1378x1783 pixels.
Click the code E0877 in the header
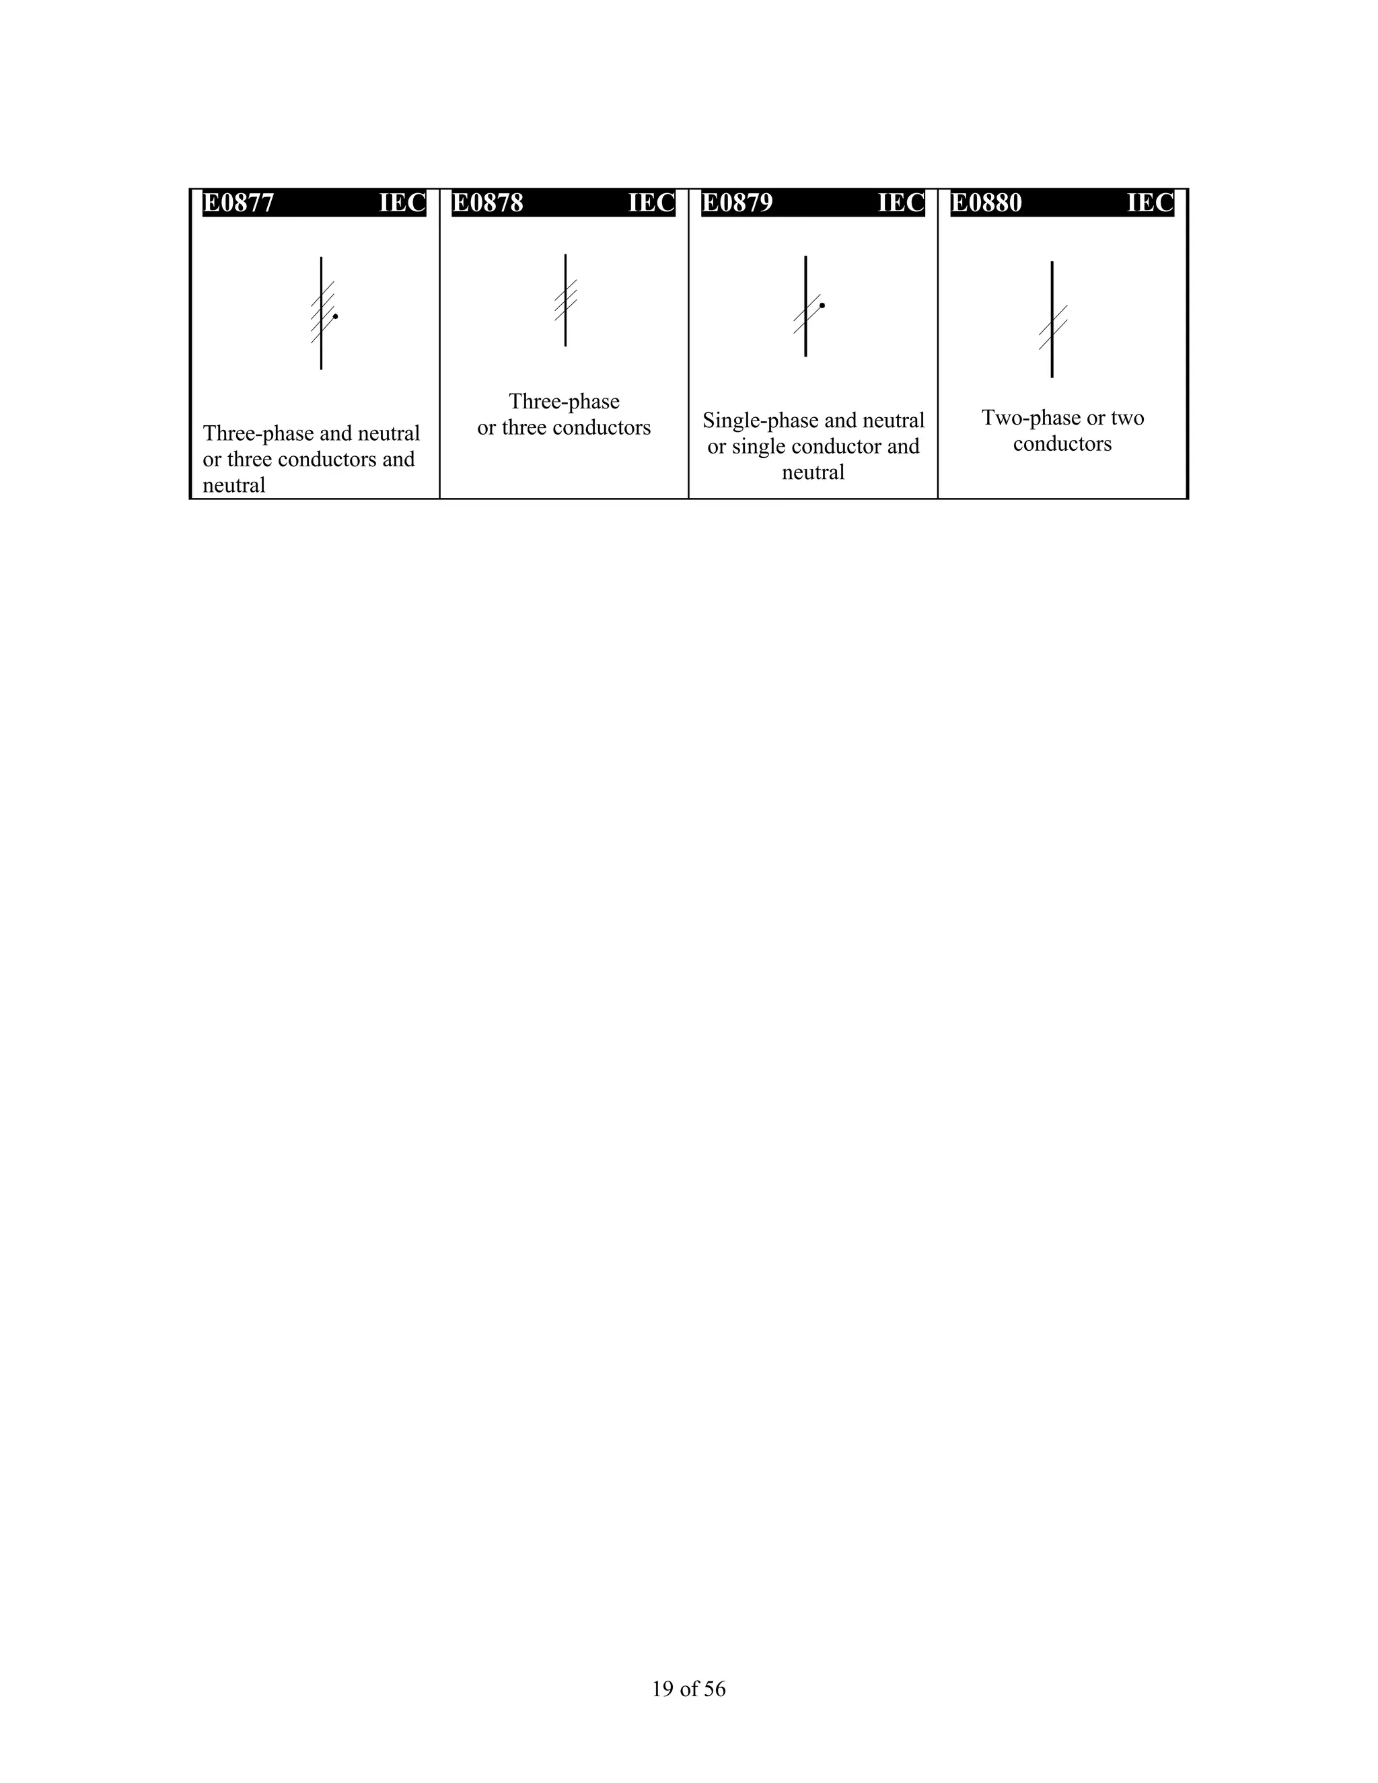pyautogui.click(x=238, y=203)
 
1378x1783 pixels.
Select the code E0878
pyautogui.click(x=487, y=203)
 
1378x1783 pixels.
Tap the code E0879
pyautogui.click(x=737, y=203)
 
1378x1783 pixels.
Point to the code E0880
pyautogui.click(x=986, y=203)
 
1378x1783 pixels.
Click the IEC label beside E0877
pyautogui.click(x=402, y=203)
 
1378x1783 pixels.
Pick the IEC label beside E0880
pyautogui.click(x=1150, y=203)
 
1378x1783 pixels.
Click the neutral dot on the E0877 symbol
pyautogui.click(x=336, y=316)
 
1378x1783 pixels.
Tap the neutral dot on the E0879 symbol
pyautogui.click(x=822, y=305)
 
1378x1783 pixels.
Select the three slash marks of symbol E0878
pyautogui.click(x=566, y=299)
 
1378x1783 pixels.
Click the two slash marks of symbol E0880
pyautogui.click(x=1053, y=328)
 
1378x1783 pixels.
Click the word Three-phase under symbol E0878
pyautogui.click(x=564, y=402)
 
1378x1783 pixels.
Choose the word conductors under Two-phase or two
pyautogui.click(x=1062, y=444)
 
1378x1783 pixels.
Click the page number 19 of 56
pyautogui.click(x=688, y=1689)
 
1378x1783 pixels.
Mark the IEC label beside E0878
pyautogui.click(x=651, y=203)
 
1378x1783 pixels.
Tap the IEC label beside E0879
pyautogui.click(x=901, y=203)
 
